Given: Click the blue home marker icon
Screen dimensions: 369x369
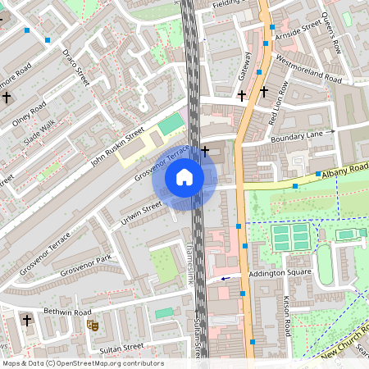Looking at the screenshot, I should point(184,176).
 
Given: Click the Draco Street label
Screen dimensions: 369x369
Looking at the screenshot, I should point(75,67).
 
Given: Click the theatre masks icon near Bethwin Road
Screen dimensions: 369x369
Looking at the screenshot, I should point(93,325).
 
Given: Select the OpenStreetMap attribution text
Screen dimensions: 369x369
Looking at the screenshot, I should point(83,363).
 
